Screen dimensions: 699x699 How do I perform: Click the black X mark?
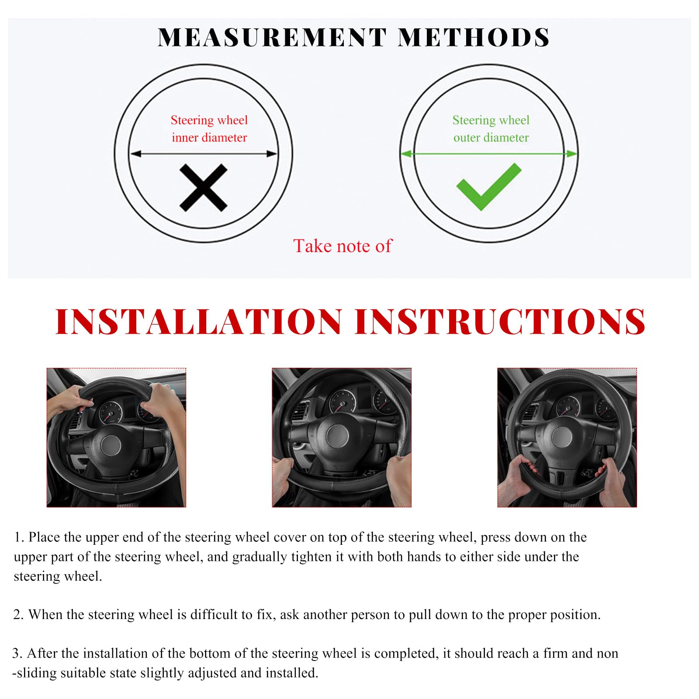204,188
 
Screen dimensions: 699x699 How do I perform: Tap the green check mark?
489,187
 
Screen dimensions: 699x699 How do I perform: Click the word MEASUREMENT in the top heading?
272,37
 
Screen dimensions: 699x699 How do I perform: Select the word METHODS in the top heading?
474,37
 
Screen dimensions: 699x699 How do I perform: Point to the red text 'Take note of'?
343,246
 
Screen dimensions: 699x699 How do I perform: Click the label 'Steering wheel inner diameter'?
209,129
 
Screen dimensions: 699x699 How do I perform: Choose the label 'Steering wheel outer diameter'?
491,129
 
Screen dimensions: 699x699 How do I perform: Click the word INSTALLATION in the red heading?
199,322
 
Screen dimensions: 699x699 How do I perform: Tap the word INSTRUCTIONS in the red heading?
500,322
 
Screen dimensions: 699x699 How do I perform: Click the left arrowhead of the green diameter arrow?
406,154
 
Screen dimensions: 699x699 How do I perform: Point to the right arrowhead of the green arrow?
572,154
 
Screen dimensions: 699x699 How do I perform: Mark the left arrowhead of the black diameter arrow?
135,154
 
